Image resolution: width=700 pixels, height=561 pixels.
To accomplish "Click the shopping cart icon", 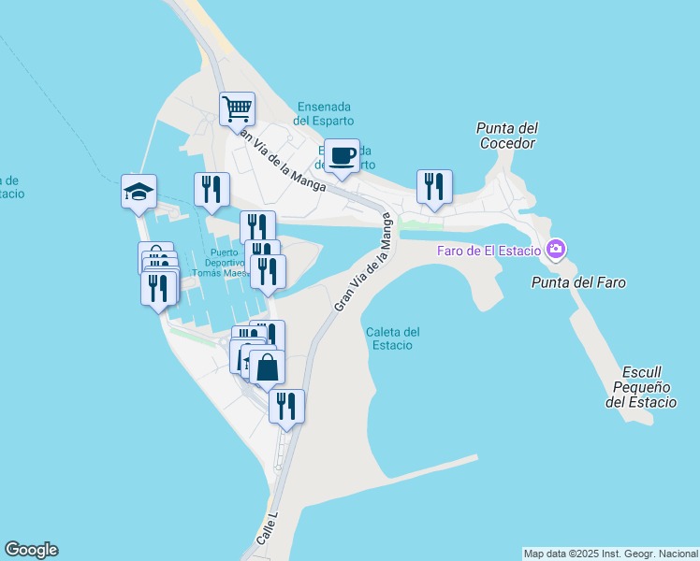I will [x=238, y=108].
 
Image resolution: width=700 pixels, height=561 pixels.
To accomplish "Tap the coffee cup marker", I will [x=342, y=155].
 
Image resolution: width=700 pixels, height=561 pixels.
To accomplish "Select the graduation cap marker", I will [x=139, y=192].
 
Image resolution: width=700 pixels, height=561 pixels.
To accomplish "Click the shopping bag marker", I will [x=268, y=367].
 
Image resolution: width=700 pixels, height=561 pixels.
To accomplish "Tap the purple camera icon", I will [x=556, y=249].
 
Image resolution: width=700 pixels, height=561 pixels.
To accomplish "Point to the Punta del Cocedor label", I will [x=506, y=136].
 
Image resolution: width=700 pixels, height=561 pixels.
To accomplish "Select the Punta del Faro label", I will [x=577, y=281].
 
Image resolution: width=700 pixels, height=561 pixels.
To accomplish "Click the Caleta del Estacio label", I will [x=392, y=338].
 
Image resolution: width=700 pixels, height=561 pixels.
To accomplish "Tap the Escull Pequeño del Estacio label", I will [x=640, y=385].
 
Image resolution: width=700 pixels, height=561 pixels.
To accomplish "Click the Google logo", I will [x=31, y=550].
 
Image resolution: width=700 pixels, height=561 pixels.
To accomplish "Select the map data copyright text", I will [x=610, y=553].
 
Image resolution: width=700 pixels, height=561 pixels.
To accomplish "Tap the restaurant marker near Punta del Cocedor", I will [x=434, y=186].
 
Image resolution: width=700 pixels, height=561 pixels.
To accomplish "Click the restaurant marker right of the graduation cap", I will [x=211, y=190].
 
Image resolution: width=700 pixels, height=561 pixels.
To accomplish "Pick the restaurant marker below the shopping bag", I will [x=286, y=406].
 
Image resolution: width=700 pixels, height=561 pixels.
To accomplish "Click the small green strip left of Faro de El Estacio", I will [x=420, y=224].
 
